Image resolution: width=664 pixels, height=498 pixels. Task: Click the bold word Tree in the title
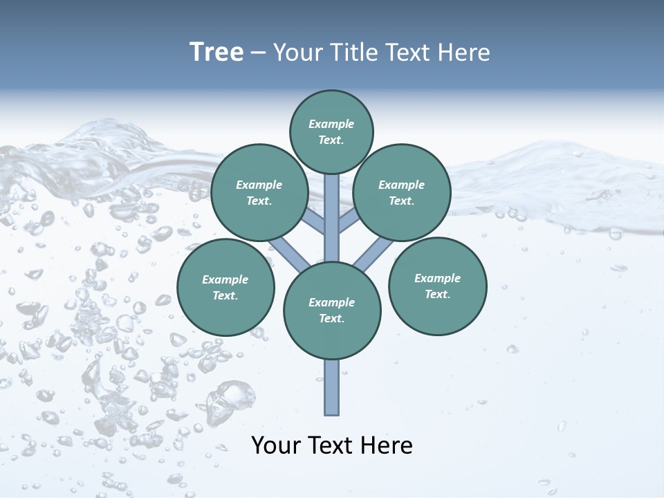point(216,53)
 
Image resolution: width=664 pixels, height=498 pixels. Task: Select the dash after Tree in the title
point(259,53)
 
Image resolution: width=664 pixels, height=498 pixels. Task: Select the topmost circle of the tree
point(331,131)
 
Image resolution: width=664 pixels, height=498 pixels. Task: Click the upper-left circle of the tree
point(259,192)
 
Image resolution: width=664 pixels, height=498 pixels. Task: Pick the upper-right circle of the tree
point(402,192)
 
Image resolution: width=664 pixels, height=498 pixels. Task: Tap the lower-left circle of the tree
point(225,287)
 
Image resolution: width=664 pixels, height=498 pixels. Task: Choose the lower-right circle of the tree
point(437,286)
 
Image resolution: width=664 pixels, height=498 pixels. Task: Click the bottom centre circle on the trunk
point(332,311)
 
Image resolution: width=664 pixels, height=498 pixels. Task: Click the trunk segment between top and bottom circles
point(332,218)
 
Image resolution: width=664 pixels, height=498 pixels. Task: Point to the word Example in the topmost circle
point(331,124)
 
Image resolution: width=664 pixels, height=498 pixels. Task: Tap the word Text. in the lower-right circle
point(437,294)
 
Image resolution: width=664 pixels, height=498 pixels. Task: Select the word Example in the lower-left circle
point(225,279)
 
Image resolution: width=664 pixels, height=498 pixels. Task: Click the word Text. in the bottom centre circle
point(332,318)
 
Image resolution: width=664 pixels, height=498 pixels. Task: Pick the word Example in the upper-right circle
point(402,185)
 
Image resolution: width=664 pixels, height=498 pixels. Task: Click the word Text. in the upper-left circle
point(259,201)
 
